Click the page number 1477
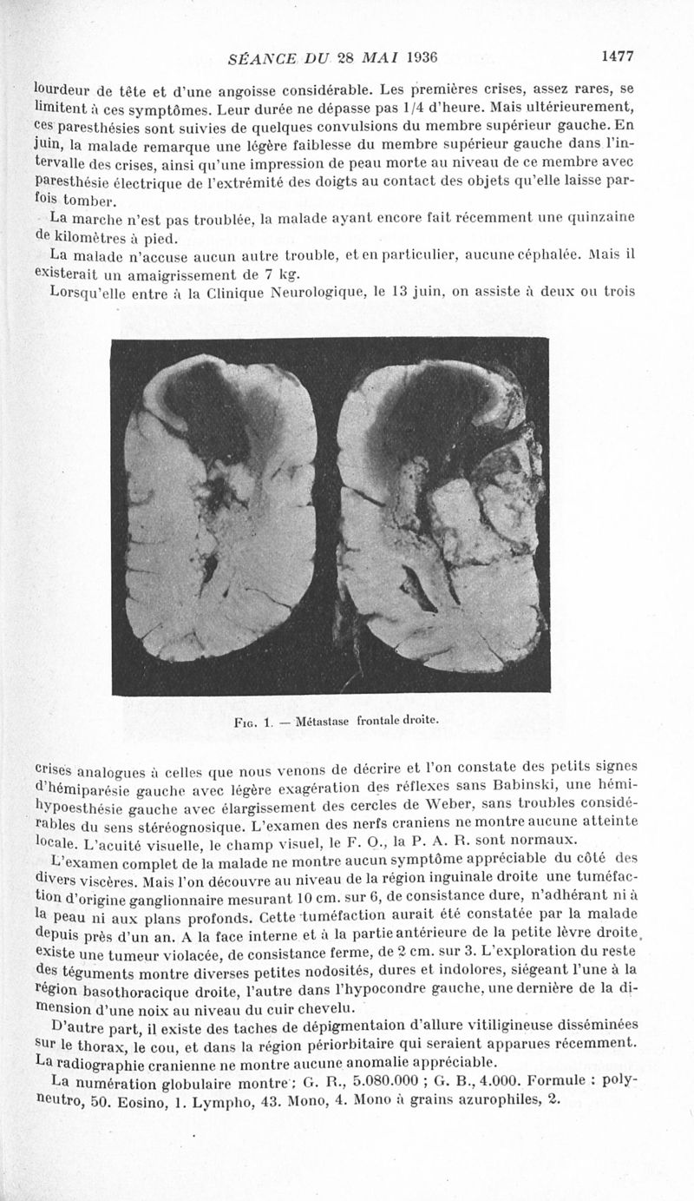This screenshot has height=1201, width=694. (x=618, y=57)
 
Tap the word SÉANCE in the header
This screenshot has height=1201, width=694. (x=259, y=58)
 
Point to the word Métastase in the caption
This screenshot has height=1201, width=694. (x=323, y=721)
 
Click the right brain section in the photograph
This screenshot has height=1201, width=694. (x=441, y=512)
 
